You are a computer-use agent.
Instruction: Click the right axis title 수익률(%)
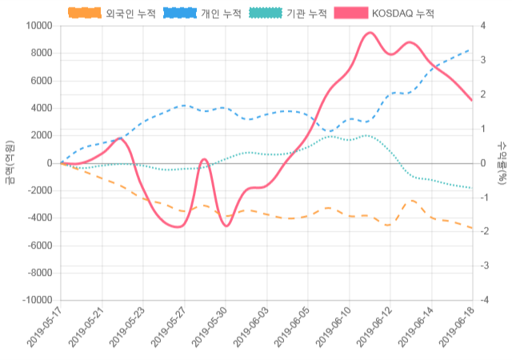coord(502,162)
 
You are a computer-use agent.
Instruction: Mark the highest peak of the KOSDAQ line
coord(370,33)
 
